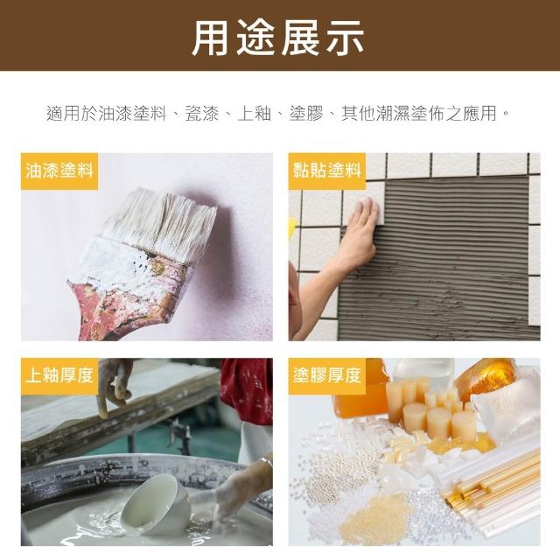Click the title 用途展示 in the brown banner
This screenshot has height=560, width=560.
[x=278, y=38]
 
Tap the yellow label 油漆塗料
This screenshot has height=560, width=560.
[x=59, y=171]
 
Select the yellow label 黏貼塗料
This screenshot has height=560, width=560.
[x=326, y=171]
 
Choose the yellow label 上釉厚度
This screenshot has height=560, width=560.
[x=59, y=376]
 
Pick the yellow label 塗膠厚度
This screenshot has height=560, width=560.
[x=326, y=376]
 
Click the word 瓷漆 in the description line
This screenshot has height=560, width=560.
[x=202, y=114]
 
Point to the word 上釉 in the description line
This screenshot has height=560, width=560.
[x=254, y=114]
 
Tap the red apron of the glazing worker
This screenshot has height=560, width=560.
[x=247, y=390]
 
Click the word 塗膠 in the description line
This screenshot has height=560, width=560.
[x=306, y=114]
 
